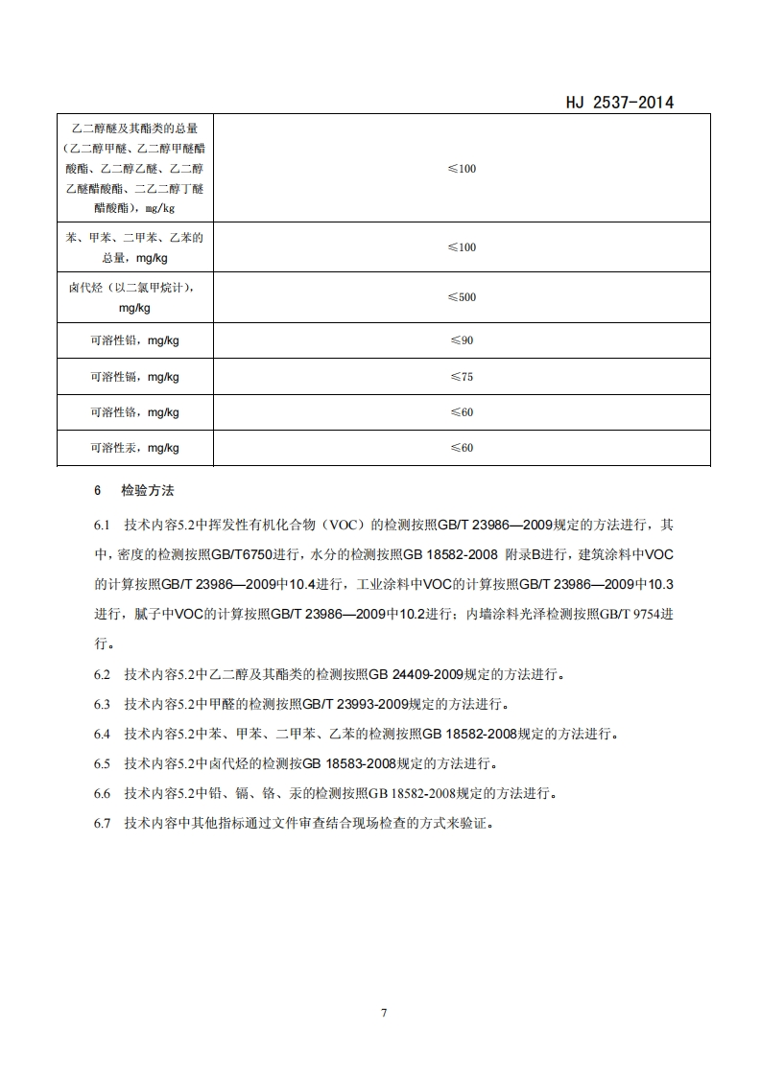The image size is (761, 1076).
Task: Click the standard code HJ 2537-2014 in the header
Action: pyautogui.click(x=616, y=103)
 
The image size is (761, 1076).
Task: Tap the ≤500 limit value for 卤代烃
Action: pyautogui.click(x=462, y=297)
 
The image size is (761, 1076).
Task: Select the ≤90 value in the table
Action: pyautogui.click(x=462, y=340)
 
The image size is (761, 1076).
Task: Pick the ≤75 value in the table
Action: pyautogui.click(x=462, y=377)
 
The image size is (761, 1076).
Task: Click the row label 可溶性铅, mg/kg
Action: pyautogui.click(x=135, y=340)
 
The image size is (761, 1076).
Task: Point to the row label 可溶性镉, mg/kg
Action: pyautogui.click(x=135, y=377)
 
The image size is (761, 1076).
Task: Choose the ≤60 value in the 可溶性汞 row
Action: pyautogui.click(x=462, y=448)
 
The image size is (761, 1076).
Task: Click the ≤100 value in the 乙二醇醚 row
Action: pyautogui.click(x=462, y=169)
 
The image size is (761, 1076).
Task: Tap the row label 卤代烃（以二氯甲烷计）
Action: pyautogui.click(x=135, y=287)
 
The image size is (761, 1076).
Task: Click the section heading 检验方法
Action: pyautogui.click(x=148, y=490)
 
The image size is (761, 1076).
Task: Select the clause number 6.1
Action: pyautogui.click(x=103, y=525)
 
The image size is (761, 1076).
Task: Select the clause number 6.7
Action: pyautogui.click(x=103, y=823)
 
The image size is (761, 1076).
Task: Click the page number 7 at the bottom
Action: pyautogui.click(x=383, y=1013)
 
